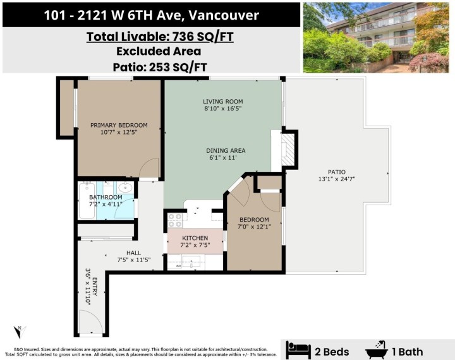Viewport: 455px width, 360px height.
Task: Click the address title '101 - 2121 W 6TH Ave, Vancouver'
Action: pyautogui.click(x=151, y=15)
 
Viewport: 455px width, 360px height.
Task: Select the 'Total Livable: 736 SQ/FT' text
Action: pyautogui.click(x=159, y=37)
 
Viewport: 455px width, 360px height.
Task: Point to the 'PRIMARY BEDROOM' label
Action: pyautogui.click(x=119, y=125)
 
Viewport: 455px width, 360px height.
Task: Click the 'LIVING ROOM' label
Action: pyautogui.click(x=222, y=101)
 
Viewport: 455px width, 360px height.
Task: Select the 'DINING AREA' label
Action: pyautogui.click(x=225, y=150)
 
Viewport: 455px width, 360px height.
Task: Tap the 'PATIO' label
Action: pyautogui.click(x=336, y=171)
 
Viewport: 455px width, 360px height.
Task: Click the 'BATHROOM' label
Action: pyautogui.click(x=106, y=197)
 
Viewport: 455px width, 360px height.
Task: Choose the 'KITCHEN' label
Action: pyautogui.click(x=195, y=238)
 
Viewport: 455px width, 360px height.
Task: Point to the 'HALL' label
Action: pyautogui.click(x=133, y=253)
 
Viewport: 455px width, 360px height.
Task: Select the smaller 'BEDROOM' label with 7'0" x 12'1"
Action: pyautogui.click(x=253, y=219)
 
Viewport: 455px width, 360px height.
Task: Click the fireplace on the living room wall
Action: pyautogui.click(x=288, y=150)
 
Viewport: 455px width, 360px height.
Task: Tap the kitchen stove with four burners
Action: pyautogui.click(x=175, y=220)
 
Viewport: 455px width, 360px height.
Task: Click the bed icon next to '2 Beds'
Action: pyautogui.click(x=298, y=349)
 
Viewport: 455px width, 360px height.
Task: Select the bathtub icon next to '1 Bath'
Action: pyautogui.click(x=378, y=349)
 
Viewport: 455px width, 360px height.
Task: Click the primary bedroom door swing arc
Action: pyautogui.click(x=149, y=168)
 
